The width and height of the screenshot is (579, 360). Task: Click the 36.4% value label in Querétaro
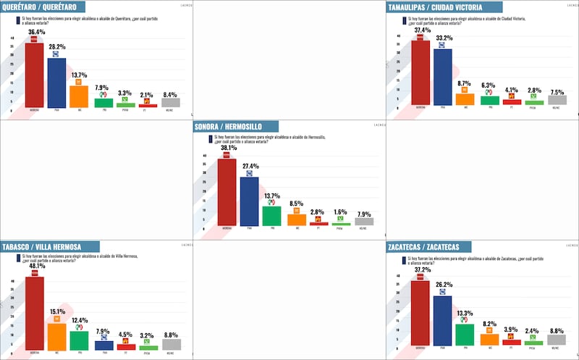35,32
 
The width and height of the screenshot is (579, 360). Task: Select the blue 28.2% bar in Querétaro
56,83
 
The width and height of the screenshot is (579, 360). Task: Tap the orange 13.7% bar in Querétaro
79,96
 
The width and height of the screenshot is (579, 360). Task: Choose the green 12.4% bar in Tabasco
79,340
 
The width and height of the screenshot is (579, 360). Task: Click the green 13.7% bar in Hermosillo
271,216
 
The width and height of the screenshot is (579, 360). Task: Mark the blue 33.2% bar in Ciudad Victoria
443,77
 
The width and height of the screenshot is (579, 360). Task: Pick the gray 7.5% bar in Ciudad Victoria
555,100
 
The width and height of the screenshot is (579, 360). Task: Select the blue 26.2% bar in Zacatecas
443,320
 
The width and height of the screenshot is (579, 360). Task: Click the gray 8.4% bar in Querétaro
170,103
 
